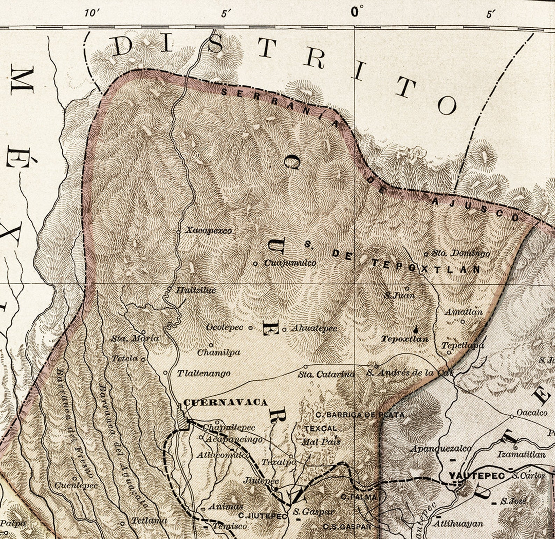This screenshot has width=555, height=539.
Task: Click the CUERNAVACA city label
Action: coord(225,402)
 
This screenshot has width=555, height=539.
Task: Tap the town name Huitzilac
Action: coord(195,290)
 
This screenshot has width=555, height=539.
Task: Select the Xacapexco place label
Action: coord(208,231)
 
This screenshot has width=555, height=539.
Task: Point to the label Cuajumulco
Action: coord(290,263)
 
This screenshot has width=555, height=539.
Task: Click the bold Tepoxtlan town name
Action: coord(404,339)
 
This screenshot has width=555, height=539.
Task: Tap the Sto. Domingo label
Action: coord(461,253)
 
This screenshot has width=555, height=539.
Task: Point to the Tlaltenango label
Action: coord(203,373)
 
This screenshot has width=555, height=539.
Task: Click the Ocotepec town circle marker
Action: coord(250,328)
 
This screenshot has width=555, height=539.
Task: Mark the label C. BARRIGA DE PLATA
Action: coord(360,415)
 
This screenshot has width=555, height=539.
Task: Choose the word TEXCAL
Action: coord(320,429)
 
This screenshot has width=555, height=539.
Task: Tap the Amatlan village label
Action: coord(463,312)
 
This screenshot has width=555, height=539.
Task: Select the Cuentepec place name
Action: coord(76,486)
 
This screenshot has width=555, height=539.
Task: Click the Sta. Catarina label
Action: coord(326,375)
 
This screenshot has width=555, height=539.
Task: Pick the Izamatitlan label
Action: coord(521,455)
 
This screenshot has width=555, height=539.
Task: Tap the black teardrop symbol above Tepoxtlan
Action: coord(416,329)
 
